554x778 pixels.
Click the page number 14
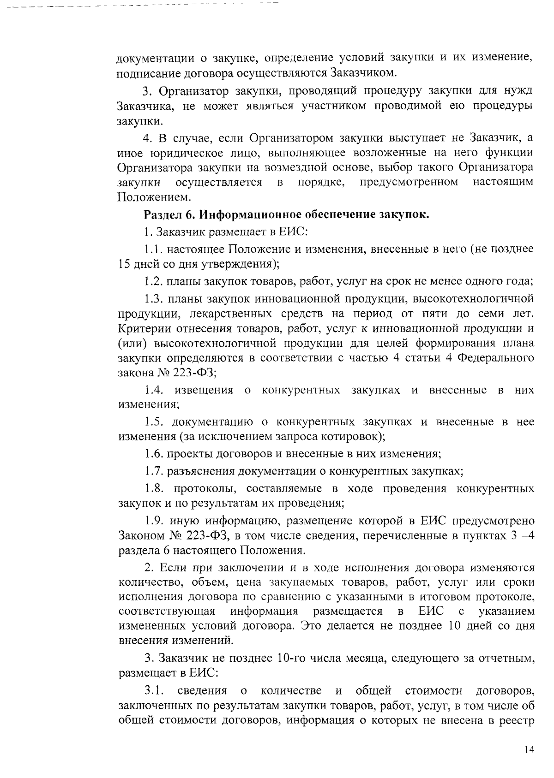coord(529,750)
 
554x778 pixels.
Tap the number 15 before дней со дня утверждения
coord(125,264)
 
